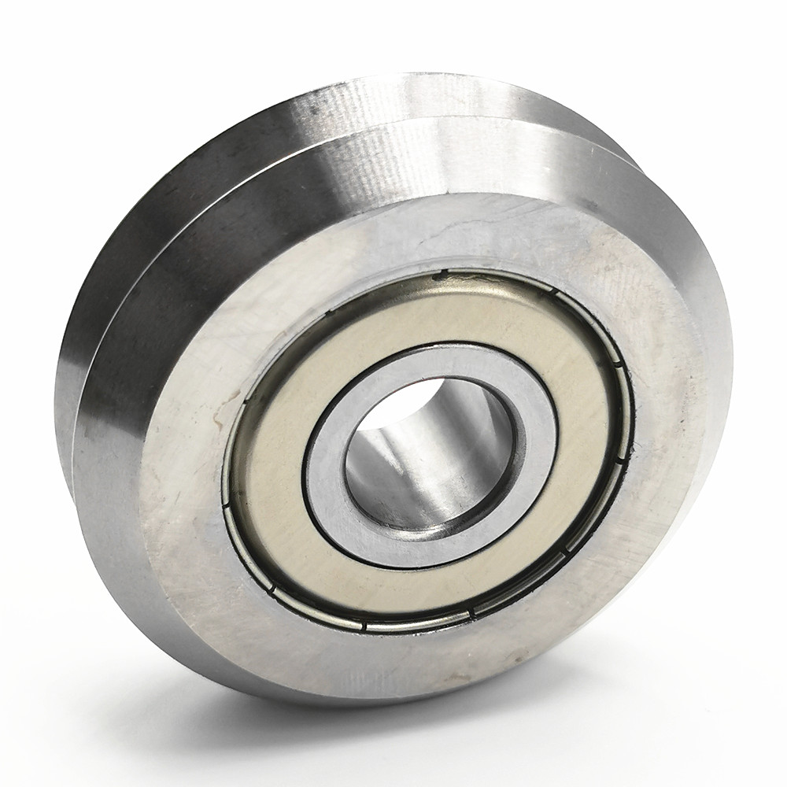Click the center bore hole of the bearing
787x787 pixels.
(429, 456)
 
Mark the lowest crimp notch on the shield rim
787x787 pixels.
(364, 627)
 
